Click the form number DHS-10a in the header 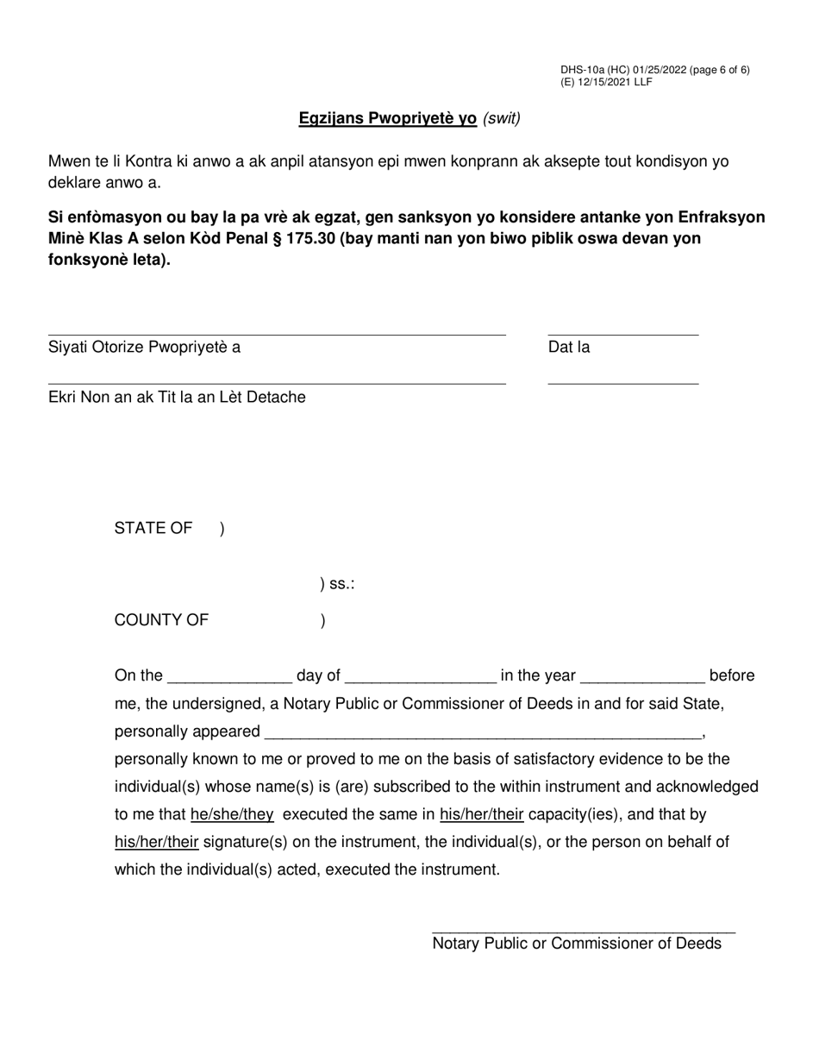click(582, 70)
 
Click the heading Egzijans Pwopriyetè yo click(387, 119)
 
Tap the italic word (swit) click(502, 119)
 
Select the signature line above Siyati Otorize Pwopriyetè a click(276, 334)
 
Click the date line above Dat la click(622, 334)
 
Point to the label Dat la click(569, 348)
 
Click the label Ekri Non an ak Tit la click(177, 398)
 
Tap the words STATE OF click(153, 529)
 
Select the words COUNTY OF click(161, 620)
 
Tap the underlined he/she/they click(232, 814)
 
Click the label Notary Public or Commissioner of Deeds click(577, 944)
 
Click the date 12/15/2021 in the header click(597, 82)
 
